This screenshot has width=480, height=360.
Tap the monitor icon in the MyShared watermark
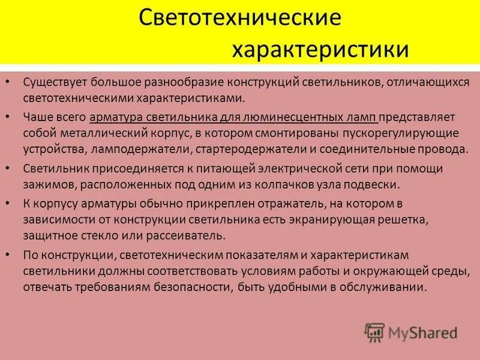(x=374, y=331)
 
